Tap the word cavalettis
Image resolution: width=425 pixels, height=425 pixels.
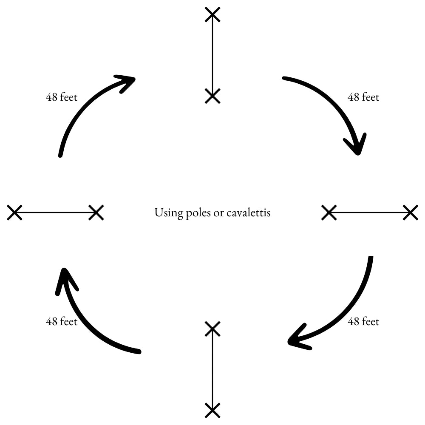tap(249, 212)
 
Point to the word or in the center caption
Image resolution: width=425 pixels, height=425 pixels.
tap(219, 214)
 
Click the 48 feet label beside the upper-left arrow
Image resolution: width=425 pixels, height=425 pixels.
tap(62, 97)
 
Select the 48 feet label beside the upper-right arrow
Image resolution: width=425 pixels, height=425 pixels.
tap(363, 97)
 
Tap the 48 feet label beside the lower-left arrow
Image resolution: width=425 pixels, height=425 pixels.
tap(62, 321)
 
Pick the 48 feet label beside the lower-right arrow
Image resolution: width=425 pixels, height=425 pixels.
tap(363, 321)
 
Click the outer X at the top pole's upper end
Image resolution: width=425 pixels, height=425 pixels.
tap(212, 14)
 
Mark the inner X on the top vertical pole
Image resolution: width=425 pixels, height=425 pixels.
tap(212, 96)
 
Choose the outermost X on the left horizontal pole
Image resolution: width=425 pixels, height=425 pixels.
tap(14, 212)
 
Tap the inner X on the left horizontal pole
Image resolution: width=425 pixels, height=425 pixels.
tap(96, 212)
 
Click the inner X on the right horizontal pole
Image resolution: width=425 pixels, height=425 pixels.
tap(329, 212)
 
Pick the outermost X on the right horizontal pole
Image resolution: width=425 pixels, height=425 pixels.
tap(411, 212)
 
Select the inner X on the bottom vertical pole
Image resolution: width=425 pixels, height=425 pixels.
tap(212, 329)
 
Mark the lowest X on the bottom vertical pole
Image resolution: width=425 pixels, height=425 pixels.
tap(212, 411)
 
